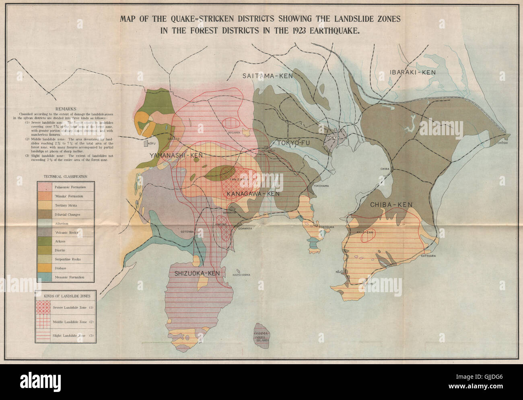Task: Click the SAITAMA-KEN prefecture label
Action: [x=268, y=76]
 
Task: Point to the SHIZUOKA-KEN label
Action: [x=197, y=273]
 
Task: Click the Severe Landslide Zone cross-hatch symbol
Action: [x=43, y=308]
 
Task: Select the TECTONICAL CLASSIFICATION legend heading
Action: [x=64, y=176]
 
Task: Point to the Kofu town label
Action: [x=152, y=143]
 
